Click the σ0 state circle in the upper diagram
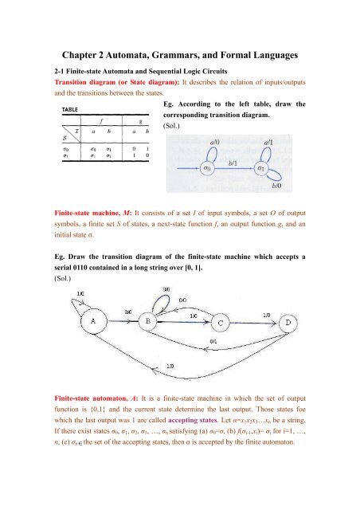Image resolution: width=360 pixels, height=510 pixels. point(206,169)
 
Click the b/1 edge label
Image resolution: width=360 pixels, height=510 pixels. point(233,161)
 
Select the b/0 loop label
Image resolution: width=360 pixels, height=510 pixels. point(276,186)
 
